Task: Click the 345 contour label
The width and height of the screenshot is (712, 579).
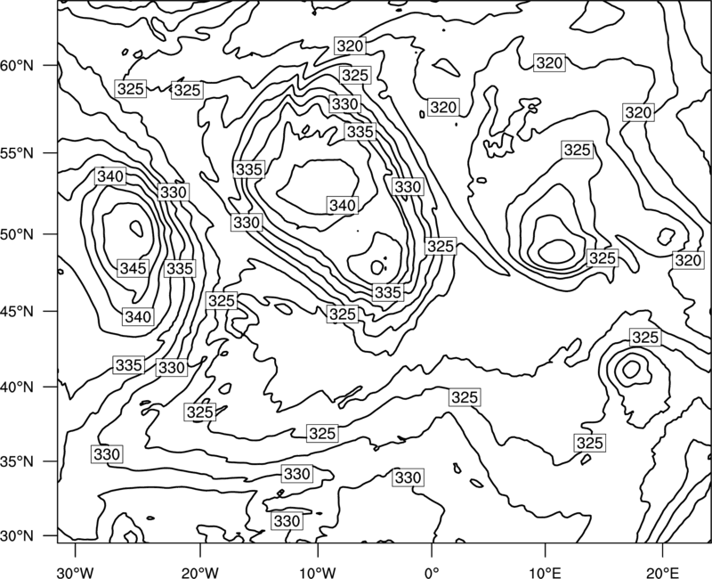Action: pos(133,268)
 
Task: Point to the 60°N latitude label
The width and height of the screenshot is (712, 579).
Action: pos(17,65)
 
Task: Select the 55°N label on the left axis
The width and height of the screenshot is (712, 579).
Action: pos(17,153)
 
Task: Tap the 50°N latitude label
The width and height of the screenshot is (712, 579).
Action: pos(17,234)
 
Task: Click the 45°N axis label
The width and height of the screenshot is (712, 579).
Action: pos(17,311)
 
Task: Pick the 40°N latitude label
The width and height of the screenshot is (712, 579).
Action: pos(17,387)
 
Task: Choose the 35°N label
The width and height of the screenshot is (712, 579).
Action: pos(17,461)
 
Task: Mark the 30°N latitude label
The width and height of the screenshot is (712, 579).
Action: pos(17,536)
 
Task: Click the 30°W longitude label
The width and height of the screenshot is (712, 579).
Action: pos(76,572)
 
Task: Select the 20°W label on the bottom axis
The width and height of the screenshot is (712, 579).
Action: pos(200,572)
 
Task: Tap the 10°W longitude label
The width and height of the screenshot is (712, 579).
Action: pos(318,572)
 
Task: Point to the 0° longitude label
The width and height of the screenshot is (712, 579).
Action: pos(432,572)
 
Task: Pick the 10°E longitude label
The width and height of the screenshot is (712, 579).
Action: pos(545,572)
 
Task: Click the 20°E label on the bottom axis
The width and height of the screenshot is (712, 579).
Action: pos(662,572)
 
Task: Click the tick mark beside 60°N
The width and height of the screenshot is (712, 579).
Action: pos(51,65)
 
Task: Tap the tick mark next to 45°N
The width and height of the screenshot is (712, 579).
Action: pos(51,311)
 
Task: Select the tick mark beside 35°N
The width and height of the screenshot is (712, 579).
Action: pos(51,461)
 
